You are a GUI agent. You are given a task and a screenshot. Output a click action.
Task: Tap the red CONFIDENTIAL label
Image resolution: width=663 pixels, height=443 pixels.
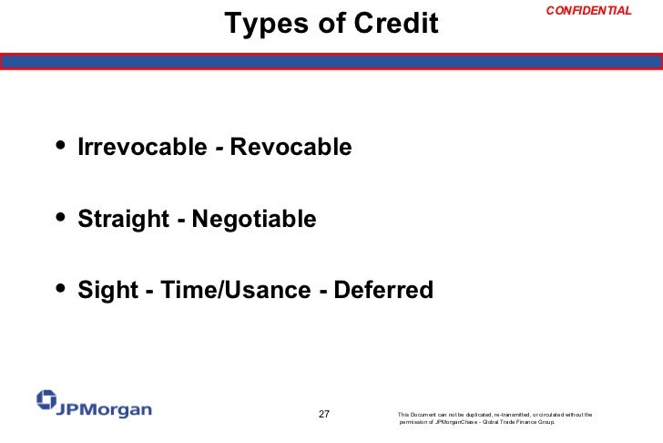click(x=588, y=10)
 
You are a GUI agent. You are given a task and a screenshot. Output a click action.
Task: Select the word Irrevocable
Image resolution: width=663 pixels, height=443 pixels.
click(x=142, y=147)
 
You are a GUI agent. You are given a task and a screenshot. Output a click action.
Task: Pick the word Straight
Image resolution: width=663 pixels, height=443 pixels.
click(x=123, y=219)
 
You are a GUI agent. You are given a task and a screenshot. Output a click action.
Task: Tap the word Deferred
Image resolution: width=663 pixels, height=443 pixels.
click(x=383, y=291)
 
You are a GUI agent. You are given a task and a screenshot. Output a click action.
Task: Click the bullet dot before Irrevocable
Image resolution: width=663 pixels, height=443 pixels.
click(x=61, y=145)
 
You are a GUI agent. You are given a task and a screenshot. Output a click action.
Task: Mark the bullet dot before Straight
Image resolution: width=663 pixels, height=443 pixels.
click(x=61, y=217)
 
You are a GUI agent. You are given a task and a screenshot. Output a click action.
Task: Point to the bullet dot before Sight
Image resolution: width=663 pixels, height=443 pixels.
click(x=61, y=289)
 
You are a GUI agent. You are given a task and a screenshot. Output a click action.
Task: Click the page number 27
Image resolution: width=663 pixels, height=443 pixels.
click(x=323, y=415)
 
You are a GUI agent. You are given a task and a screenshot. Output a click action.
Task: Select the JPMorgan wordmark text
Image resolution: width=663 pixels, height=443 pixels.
click(x=104, y=409)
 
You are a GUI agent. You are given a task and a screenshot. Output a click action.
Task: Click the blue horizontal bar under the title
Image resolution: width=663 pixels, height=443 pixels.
click(x=331, y=62)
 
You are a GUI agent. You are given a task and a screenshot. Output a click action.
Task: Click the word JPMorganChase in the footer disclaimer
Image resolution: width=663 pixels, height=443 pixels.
click(x=457, y=423)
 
